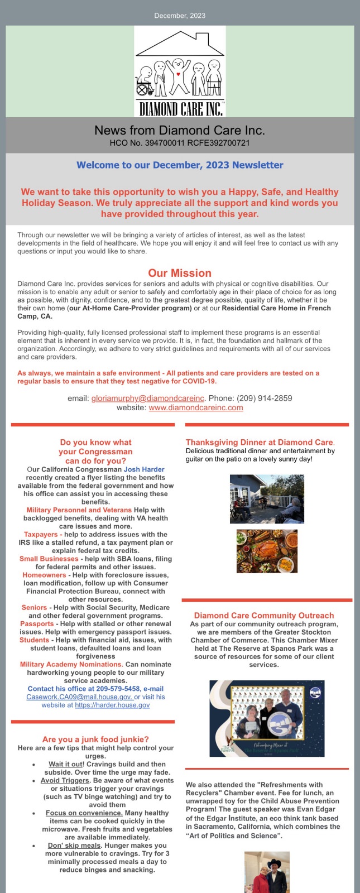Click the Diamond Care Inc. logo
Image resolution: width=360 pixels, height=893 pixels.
(180, 71)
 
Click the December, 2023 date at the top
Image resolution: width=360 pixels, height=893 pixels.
(180, 16)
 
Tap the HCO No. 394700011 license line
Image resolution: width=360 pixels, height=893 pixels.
(180, 143)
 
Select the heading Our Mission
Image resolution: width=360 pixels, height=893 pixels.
(180, 273)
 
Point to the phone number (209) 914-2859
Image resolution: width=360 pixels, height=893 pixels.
(265, 399)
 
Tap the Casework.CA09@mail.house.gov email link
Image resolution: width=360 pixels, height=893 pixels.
(79, 697)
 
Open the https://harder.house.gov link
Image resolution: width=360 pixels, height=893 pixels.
(112, 705)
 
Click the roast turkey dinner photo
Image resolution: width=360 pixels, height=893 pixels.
(267, 551)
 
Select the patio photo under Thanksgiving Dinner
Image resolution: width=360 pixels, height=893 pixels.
(267, 499)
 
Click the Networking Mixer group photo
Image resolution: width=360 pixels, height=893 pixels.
(267, 718)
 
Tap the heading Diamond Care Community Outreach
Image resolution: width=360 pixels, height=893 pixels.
(264, 616)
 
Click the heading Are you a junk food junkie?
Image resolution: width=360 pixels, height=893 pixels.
(95, 740)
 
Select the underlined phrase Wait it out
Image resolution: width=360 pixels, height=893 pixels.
(65, 764)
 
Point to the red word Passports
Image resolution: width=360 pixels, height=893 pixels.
(37, 624)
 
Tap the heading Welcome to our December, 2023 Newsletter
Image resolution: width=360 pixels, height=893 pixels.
(180, 165)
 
